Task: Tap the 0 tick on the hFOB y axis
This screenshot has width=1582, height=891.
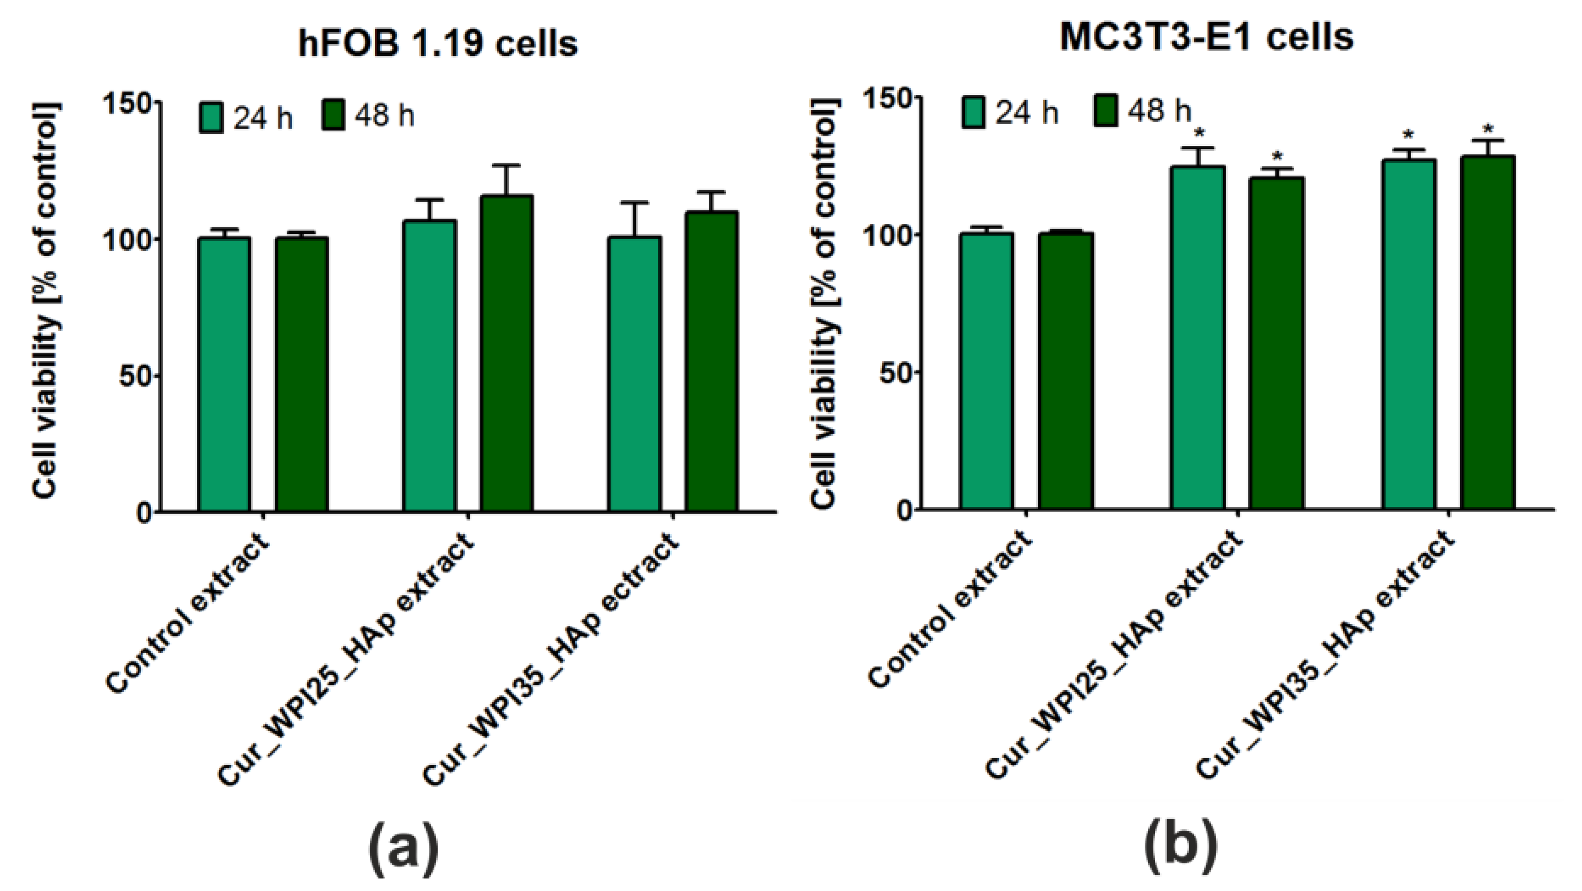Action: [x=143, y=513]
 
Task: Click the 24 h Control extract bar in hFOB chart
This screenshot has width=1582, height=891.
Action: [x=224, y=374]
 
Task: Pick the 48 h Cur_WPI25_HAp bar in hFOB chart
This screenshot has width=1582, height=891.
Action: [x=506, y=354]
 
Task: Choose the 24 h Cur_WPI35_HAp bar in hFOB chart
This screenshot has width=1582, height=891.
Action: [x=635, y=374]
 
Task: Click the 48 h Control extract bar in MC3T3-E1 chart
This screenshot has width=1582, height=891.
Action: [x=1065, y=372]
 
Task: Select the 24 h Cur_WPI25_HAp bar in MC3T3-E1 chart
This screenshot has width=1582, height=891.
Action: [x=1197, y=338]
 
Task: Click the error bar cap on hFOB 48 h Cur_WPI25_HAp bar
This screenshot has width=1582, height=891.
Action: [x=506, y=165]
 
